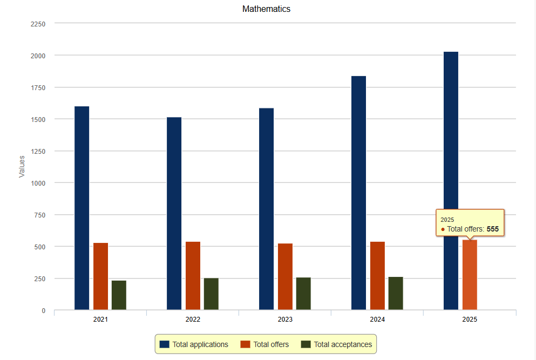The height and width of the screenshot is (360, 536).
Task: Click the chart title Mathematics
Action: pyautogui.click(x=266, y=9)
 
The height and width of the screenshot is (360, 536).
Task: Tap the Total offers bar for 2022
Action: pyautogui.click(x=193, y=276)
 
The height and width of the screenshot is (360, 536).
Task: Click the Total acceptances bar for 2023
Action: pyautogui.click(x=303, y=294)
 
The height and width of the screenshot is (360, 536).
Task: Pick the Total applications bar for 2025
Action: pyautogui.click(x=451, y=181)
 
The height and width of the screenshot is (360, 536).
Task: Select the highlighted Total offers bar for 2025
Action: pyautogui.click(x=470, y=275)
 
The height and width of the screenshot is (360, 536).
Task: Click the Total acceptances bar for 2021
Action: pyautogui.click(x=119, y=295)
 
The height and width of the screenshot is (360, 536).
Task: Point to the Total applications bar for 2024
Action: pyautogui.click(x=358, y=193)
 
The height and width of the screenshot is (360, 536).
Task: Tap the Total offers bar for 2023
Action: pyautogui.click(x=285, y=277)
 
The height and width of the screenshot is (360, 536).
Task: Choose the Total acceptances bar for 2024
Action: pyautogui.click(x=396, y=293)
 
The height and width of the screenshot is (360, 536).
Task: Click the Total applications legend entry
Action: pyautogui.click(x=194, y=344)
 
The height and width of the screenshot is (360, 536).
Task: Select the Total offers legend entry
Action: pyautogui.click(x=265, y=344)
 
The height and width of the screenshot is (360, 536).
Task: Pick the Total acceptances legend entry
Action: pyautogui.click(x=336, y=344)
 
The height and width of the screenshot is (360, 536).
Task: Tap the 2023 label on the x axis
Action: pyautogui.click(x=285, y=320)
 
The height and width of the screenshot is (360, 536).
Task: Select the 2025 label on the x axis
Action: pyautogui.click(x=470, y=320)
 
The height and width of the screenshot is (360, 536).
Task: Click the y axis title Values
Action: pyautogui.click(x=22, y=166)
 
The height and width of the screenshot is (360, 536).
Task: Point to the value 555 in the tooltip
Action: pyautogui.click(x=492, y=229)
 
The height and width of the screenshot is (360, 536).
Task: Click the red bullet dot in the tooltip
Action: pyautogui.click(x=443, y=229)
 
